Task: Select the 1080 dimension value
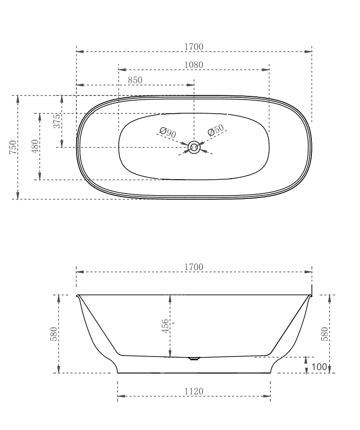[194, 65]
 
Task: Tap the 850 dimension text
[135, 80]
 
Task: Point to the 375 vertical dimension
[57, 121]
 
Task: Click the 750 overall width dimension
[13, 147]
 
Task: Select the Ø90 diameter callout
[167, 132]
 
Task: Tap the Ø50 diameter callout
[216, 130]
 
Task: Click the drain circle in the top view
[194, 147]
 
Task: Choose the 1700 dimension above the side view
[194, 267]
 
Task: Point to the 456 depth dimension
[165, 326]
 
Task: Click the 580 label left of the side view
[54, 334]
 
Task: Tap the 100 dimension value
[318, 367]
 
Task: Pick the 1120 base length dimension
[194, 391]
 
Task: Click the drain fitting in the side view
[194, 359]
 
